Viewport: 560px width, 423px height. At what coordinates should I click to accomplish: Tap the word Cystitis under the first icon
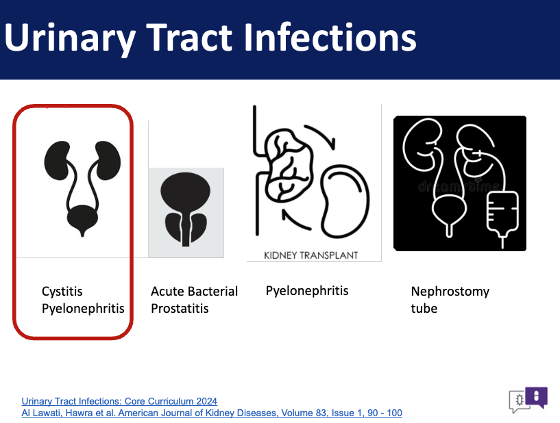(62, 292)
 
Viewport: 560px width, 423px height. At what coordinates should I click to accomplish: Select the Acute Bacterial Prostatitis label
(194, 300)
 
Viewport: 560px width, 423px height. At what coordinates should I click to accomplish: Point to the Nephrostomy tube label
(450, 300)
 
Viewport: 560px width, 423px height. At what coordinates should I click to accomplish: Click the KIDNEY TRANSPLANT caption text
(311, 255)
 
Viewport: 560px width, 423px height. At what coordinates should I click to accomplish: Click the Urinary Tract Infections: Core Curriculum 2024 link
(119, 401)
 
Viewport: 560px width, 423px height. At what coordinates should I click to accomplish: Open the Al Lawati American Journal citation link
(212, 413)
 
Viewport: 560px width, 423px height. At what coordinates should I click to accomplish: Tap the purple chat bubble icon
(537, 397)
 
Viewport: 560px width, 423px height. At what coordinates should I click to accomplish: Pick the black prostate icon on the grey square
(186, 209)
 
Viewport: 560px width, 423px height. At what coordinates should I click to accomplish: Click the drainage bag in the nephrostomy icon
(502, 214)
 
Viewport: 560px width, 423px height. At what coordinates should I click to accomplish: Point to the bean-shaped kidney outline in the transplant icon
(345, 201)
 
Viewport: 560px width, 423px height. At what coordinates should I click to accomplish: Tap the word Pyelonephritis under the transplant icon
(307, 291)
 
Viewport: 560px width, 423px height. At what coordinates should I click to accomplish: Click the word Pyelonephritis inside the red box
(83, 309)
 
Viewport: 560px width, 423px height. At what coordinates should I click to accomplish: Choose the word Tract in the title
(189, 37)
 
